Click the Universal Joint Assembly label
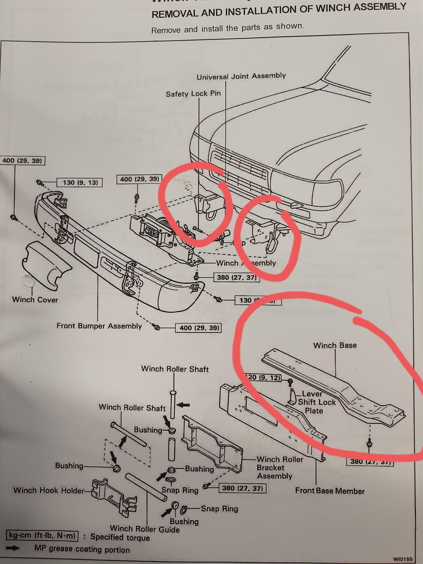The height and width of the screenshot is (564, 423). (241, 76)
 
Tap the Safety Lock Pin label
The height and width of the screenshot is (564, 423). (193, 94)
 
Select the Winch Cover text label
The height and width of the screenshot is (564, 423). (35, 300)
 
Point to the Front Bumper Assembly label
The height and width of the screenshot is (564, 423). (99, 326)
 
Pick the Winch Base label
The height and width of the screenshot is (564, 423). (335, 345)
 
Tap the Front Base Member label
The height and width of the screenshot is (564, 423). (330, 491)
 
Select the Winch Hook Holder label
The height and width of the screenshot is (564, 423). (49, 490)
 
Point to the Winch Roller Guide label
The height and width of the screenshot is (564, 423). (145, 529)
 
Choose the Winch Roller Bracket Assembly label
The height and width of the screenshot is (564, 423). (275, 468)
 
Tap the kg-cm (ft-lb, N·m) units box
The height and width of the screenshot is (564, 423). (42, 536)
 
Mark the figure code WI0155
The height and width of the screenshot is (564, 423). (403, 559)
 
